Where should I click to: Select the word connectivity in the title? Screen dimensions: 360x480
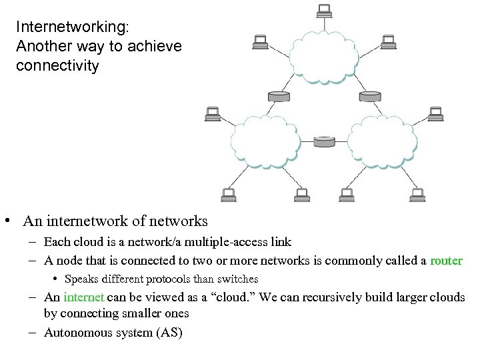click(x=57, y=66)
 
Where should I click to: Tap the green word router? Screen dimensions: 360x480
click(x=446, y=261)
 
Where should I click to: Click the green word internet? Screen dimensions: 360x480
click(x=84, y=297)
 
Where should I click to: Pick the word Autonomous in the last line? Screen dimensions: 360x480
click(x=75, y=332)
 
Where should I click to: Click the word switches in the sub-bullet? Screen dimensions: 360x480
click(x=235, y=279)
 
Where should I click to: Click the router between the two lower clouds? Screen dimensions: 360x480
click(x=324, y=141)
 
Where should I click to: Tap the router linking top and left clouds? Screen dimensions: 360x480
click(x=278, y=96)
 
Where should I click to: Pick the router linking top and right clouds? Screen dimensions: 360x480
click(x=370, y=96)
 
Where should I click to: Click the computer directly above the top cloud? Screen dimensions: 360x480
click(x=324, y=11)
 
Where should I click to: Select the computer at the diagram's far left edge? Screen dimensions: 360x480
click(x=212, y=114)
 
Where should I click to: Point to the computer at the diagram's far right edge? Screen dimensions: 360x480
click(x=435, y=114)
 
